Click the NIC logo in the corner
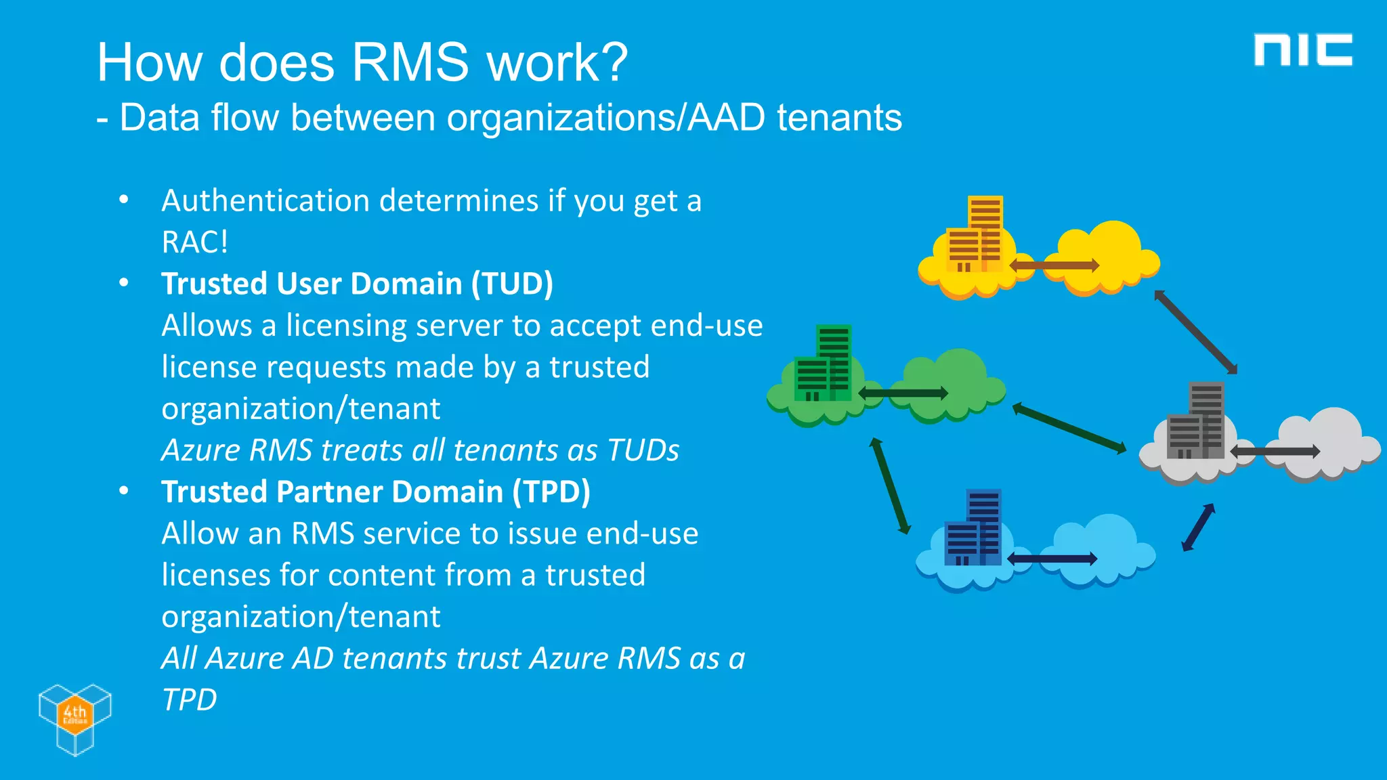(x=1302, y=50)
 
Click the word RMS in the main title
(x=410, y=62)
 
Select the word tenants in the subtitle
(x=839, y=118)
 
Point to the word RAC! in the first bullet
(x=195, y=242)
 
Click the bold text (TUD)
(x=513, y=284)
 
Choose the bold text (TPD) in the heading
(x=551, y=492)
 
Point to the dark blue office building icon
(x=973, y=527)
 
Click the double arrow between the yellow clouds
(x=1054, y=265)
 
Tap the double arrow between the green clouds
(x=903, y=393)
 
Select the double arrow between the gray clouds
(x=1275, y=451)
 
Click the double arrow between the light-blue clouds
(x=1052, y=559)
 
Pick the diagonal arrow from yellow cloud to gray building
(x=1196, y=332)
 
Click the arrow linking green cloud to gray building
(x=1069, y=428)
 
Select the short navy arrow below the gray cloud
(x=1198, y=527)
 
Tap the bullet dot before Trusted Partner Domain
(x=123, y=491)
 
